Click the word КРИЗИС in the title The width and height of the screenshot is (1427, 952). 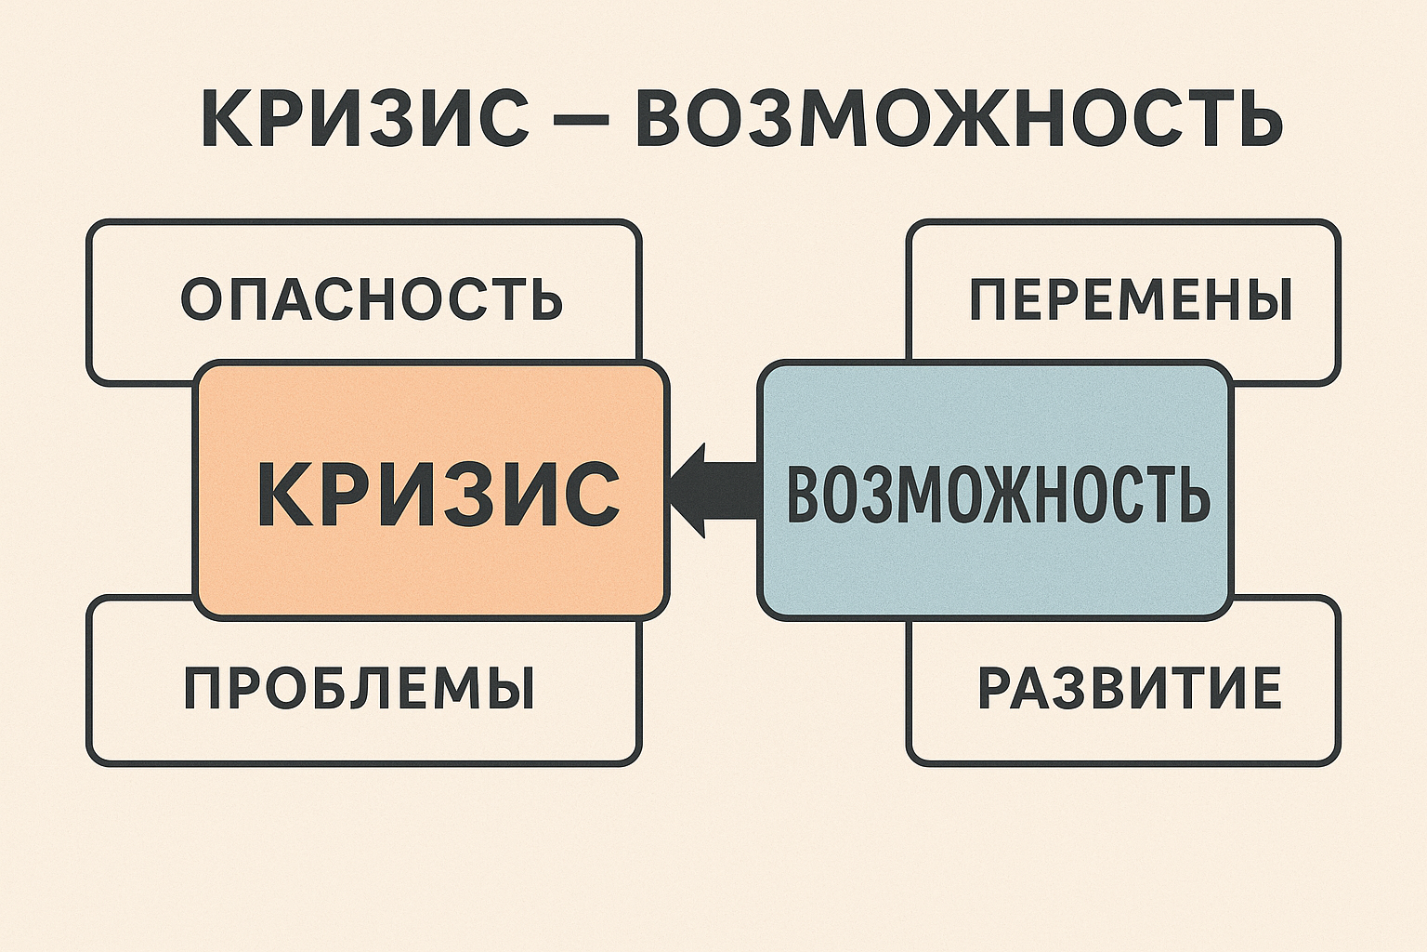363,120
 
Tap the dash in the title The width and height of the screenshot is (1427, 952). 583,122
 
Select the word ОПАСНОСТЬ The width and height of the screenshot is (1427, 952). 372,299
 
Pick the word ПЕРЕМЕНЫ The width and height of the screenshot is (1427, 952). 1131,299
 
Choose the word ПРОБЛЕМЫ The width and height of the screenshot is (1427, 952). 359,689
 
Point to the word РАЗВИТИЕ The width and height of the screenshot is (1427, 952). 1129,689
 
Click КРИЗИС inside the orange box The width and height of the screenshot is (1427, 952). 438,493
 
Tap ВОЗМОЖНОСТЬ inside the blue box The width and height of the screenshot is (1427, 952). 997,493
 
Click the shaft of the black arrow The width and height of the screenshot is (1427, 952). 734,490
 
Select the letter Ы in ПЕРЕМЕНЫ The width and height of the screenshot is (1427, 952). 1265,299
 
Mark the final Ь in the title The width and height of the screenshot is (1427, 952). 1257,120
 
